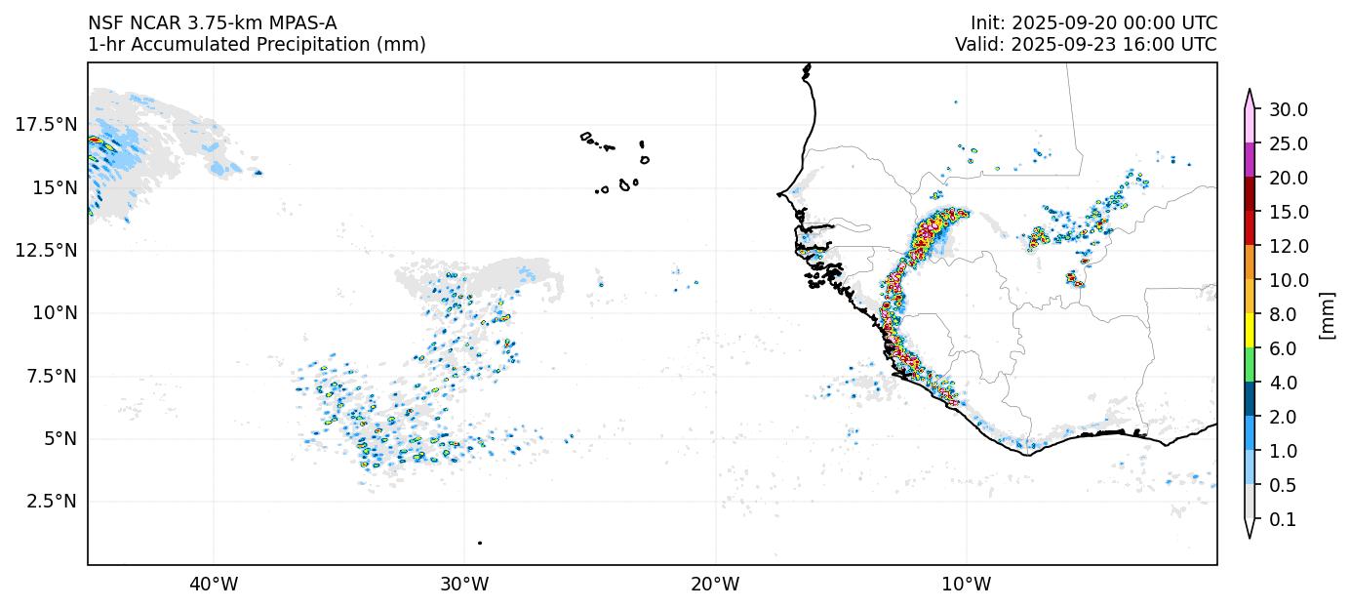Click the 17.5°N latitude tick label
point(46,124)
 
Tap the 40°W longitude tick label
point(214,585)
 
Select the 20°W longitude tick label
point(715,585)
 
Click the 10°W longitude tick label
point(967,585)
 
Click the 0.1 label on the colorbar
point(1284,520)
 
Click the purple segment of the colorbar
point(1249,160)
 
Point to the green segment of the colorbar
point(1249,365)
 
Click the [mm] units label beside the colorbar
point(1327,314)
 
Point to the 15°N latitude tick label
point(50,186)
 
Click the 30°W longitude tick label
point(464,585)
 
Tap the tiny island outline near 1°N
point(480,543)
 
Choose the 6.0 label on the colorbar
point(1284,348)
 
